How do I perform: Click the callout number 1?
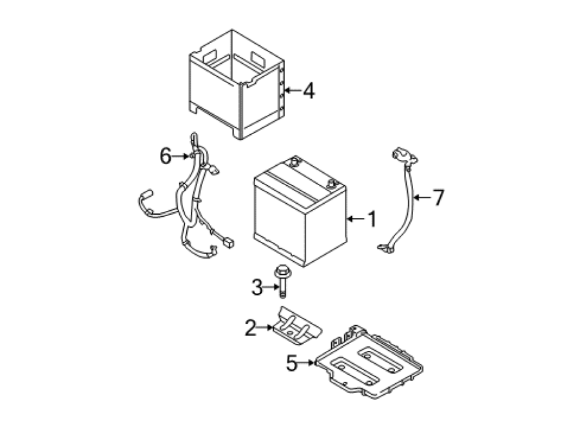click(x=372, y=219)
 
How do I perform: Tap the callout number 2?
click(x=251, y=328)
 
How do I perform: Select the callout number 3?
click(x=257, y=287)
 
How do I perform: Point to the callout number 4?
click(x=309, y=91)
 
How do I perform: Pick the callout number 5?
click(x=291, y=363)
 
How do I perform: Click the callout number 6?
click(x=166, y=156)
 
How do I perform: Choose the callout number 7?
click(x=438, y=197)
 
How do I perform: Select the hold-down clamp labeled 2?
click(x=297, y=323)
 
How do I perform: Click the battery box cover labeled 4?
click(x=237, y=84)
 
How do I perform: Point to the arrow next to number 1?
click(x=356, y=219)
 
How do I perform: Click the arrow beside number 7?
click(x=421, y=197)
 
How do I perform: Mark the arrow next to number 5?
click(x=306, y=363)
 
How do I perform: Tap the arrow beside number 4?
click(x=292, y=90)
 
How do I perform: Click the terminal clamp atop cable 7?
click(x=404, y=156)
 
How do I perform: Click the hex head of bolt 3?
click(x=283, y=271)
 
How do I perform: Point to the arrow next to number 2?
click(x=266, y=328)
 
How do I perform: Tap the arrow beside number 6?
click(x=181, y=156)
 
